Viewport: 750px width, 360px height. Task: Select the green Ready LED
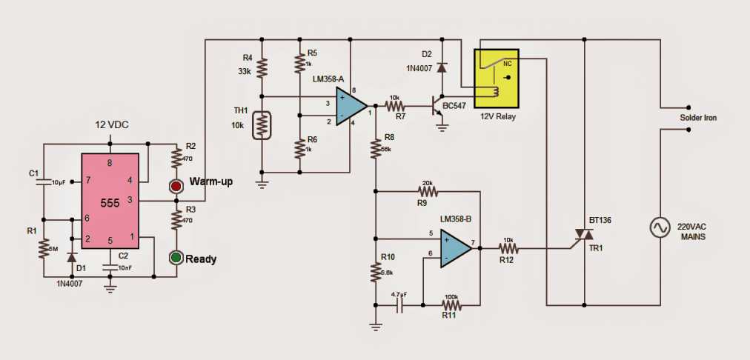176,258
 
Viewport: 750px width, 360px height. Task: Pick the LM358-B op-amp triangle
454,247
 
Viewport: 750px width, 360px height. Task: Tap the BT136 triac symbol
584,235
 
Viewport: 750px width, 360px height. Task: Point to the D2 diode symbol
442,67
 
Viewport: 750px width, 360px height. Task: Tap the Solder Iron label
699,119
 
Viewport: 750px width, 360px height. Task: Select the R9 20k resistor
428,191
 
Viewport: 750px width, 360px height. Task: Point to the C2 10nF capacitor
110,267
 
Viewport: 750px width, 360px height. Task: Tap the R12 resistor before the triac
507,248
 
